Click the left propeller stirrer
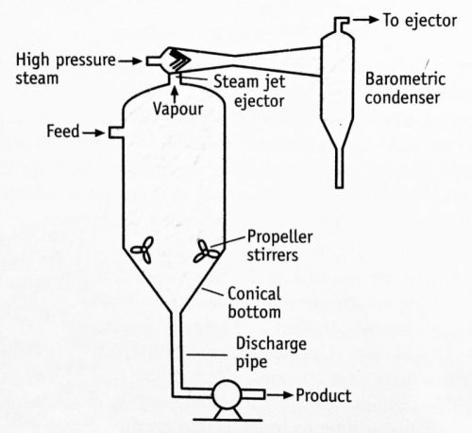140,251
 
